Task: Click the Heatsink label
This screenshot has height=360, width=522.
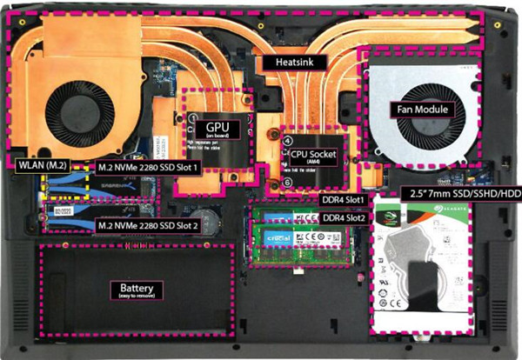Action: (x=290, y=63)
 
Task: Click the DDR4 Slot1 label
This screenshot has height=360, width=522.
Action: (x=343, y=198)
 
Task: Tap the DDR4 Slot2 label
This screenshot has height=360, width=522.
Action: (x=343, y=217)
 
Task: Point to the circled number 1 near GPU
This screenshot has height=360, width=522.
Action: (x=194, y=117)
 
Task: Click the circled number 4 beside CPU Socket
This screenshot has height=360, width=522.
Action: (x=288, y=140)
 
